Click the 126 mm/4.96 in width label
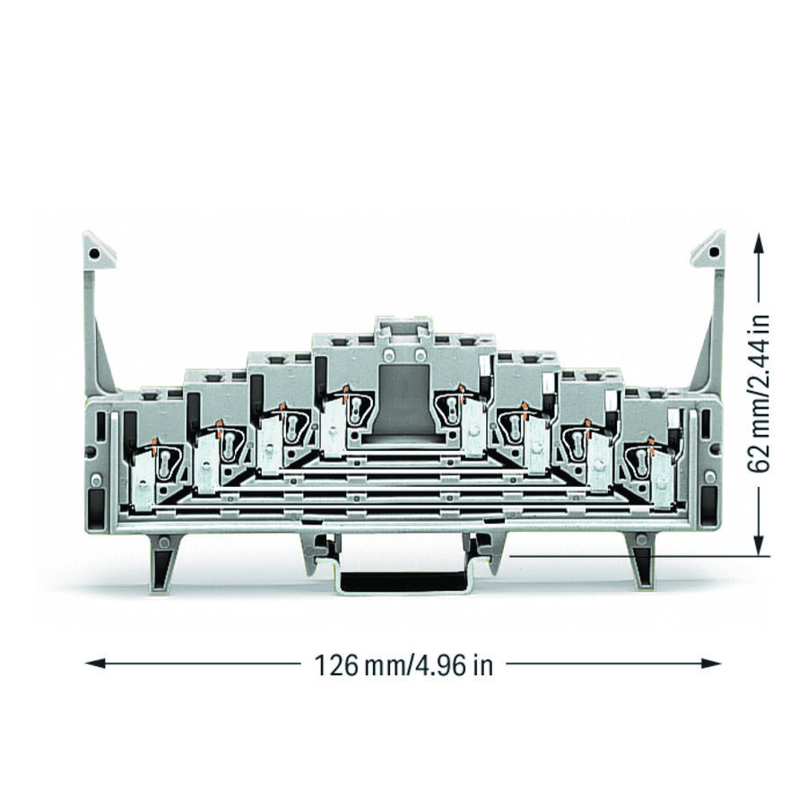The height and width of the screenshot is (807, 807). pyautogui.click(x=403, y=665)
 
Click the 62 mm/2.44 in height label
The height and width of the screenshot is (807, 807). pyautogui.click(x=758, y=394)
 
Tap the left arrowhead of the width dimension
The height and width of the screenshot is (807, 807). pyautogui.click(x=96, y=663)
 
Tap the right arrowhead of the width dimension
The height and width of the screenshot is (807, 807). pyautogui.click(x=710, y=663)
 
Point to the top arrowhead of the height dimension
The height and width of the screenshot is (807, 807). pyautogui.click(x=758, y=243)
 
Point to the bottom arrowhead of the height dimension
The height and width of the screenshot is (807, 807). pyautogui.click(x=758, y=544)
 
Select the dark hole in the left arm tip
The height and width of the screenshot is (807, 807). pyautogui.click(x=93, y=253)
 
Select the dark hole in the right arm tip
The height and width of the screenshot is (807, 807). pyautogui.click(x=714, y=252)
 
